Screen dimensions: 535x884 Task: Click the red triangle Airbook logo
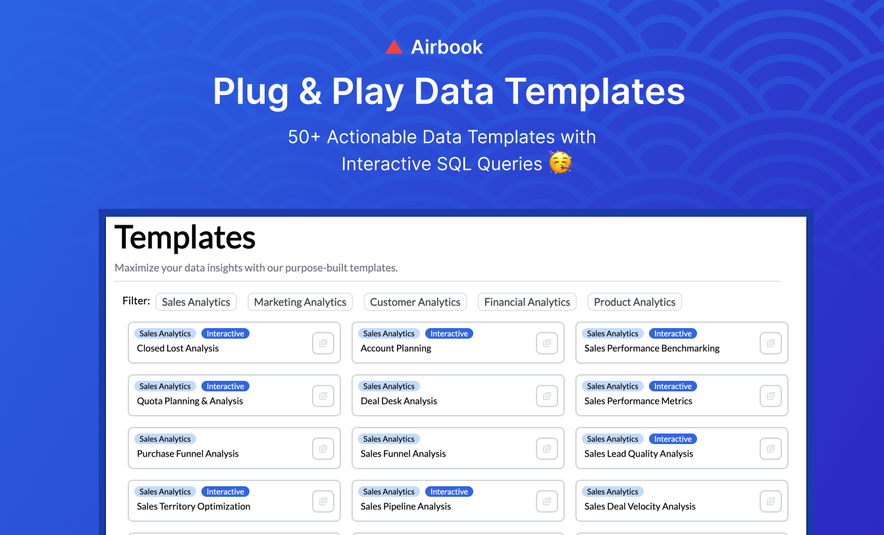(x=394, y=47)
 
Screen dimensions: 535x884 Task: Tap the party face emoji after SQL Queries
(x=560, y=163)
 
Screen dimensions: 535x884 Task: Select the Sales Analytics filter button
(x=196, y=302)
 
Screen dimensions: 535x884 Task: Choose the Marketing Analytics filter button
(x=300, y=302)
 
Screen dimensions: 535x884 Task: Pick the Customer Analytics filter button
(x=415, y=302)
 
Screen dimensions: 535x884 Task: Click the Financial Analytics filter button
(x=527, y=302)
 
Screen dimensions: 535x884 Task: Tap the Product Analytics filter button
(x=635, y=302)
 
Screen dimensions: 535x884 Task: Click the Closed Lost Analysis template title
(x=178, y=349)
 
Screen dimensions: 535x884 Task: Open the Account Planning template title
(x=396, y=349)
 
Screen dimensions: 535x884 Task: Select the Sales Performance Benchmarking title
(x=652, y=349)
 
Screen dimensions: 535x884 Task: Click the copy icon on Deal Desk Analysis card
(x=547, y=396)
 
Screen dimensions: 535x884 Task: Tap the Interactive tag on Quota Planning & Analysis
(x=225, y=386)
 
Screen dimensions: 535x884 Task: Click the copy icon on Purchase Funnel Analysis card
(x=323, y=449)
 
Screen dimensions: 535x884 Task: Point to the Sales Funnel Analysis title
(x=403, y=454)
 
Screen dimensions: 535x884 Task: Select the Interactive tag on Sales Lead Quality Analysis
(x=673, y=439)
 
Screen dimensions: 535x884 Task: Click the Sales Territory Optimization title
(x=194, y=507)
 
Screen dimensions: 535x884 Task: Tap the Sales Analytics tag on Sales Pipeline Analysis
(x=388, y=492)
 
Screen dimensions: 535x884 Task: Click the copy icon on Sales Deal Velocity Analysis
(x=771, y=501)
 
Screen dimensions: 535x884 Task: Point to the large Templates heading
(x=185, y=237)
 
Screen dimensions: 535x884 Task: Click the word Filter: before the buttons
(x=136, y=301)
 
